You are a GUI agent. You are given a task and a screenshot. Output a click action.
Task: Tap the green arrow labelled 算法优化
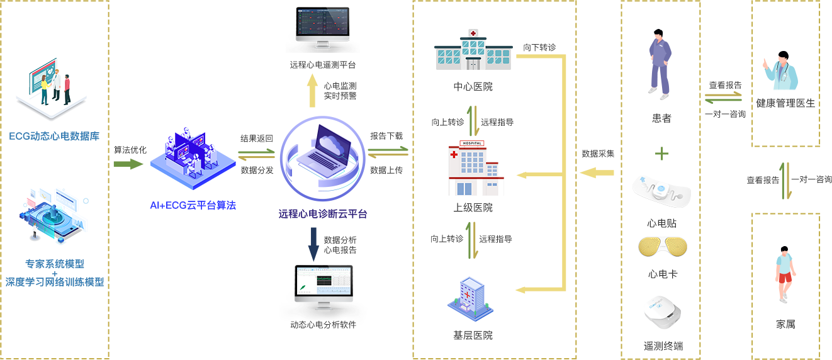(128, 164)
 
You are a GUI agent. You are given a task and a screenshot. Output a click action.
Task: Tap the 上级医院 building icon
(475, 169)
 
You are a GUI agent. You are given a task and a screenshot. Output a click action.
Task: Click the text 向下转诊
(539, 47)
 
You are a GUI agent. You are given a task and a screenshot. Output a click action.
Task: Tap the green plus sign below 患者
(662, 154)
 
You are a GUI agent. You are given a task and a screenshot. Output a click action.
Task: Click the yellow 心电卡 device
(662, 247)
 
